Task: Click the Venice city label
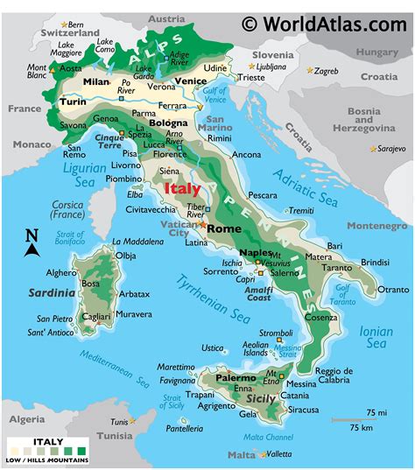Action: point(190,82)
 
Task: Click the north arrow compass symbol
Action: point(32,244)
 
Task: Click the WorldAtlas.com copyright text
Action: point(325,25)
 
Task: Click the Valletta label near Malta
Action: point(278,454)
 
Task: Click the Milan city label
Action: point(95,81)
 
